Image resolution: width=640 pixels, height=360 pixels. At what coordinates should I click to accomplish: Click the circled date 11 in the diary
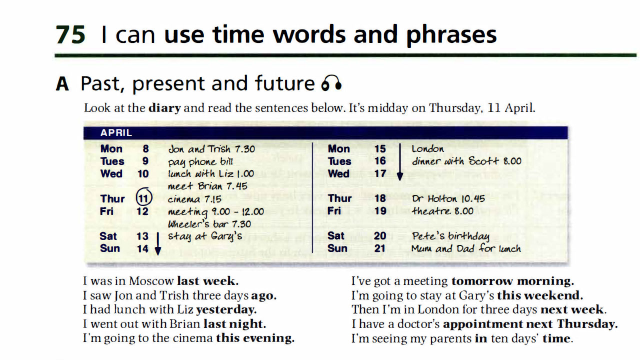pyautogui.click(x=143, y=197)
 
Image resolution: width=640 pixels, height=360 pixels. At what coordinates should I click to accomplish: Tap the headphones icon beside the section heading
pyautogui.click(x=331, y=83)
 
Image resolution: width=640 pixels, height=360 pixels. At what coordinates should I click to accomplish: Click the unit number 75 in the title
pyautogui.click(x=70, y=35)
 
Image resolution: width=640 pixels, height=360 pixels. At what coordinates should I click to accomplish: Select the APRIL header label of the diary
pyautogui.click(x=116, y=132)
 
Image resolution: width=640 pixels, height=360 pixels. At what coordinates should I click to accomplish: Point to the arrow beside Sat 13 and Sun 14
pyautogui.click(x=157, y=243)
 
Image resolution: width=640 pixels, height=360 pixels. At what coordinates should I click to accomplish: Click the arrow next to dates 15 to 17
pyautogui.click(x=400, y=162)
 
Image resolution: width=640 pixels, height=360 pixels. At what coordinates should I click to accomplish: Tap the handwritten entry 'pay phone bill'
pyautogui.click(x=200, y=162)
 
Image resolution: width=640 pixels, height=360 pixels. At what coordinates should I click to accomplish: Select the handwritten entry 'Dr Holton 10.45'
pyautogui.click(x=448, y=198)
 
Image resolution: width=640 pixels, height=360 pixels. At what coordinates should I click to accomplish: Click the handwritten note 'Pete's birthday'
pyautogui.click(x=450, y=236)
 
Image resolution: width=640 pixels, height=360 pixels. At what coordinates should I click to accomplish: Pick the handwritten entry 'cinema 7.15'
pyautogui.click(x=194, y=199)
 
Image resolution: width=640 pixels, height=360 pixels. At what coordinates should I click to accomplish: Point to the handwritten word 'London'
pyautogui.click(x=427, y=149)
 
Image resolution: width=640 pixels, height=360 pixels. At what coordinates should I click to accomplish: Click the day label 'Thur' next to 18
pyautogui.click(x=339, y=198)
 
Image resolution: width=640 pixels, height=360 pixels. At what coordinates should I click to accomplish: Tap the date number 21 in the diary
pyautogui.click(x=379, y=248)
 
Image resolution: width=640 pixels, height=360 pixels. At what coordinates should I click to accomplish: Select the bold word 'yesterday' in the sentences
pyautogui.click(x=226, y=309)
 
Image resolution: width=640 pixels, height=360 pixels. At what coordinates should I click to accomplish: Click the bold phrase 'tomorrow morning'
pyautogui.click(x=512, y=281)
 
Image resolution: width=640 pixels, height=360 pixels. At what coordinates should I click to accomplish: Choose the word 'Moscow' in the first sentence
pyautogui.click(x=151, y=281)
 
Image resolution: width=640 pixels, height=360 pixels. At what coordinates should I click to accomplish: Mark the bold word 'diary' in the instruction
pyautogui.click(x=164, y=108)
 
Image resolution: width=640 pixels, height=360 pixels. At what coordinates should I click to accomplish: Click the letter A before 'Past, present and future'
pyautogui.click(x=62, y=83)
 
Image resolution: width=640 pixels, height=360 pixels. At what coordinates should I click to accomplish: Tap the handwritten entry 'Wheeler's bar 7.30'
pyautogui.click(x=209, y=224)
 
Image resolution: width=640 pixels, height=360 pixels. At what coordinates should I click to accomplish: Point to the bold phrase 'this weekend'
pyautogui.click(x=540, y=295)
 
